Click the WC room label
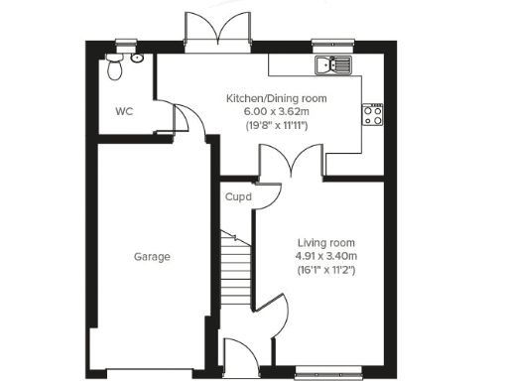[x=123, y=111]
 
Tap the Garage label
[x=153, y=257]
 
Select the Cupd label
[x=238, y=197]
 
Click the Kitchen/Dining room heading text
[x=276, y=99]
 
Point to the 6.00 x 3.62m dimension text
[x=276, y=112]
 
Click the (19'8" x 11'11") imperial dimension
[x=276, y=126]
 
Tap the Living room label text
[x=325, y=243]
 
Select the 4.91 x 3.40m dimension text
[x=325, y=256]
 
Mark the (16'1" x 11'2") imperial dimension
[x=325, y=270]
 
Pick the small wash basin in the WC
[x=136, y=59]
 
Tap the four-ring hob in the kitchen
[x=374, y=116]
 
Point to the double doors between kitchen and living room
[x=291, y=161]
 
